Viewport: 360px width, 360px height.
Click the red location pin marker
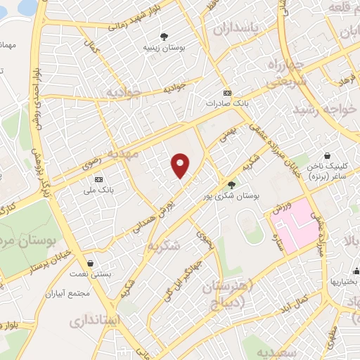[181, 165]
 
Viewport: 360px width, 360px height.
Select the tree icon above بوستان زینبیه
[164, 37]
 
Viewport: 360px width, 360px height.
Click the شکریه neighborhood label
[165, 245]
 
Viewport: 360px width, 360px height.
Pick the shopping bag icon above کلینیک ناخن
[327, 156]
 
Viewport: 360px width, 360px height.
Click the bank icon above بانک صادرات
[226, 92]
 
